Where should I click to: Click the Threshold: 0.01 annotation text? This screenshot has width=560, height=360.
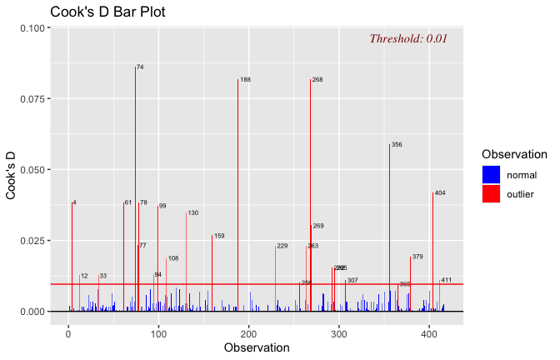click(408, 38)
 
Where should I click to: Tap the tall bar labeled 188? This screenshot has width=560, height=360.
click(237, 192)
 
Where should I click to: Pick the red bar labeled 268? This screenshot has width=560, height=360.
click(310, 192)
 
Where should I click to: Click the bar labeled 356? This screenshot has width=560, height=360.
click(389, 225)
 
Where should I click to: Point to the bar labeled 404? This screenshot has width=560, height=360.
click(432, 250)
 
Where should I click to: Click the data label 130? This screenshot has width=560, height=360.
click(192, 213)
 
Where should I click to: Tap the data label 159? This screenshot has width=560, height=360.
click(219, 237)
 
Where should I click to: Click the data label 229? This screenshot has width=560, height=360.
click(282, 247)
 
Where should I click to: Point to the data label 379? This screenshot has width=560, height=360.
click(417, 257)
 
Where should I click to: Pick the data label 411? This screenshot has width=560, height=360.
click(446, 280)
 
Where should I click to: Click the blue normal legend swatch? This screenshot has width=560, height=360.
click(491, 175)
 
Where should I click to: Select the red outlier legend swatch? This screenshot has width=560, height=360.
click(491, 193)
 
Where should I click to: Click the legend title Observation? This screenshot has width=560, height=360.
click(514, 154)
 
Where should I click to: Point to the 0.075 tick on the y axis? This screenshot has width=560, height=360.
click(33, 99)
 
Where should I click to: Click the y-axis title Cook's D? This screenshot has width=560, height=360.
click(12, 169)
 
